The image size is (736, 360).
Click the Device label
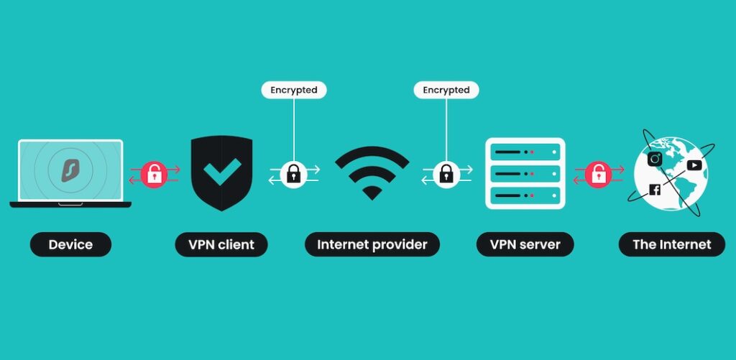tap(70, 244)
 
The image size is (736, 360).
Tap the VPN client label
tap(221, 244)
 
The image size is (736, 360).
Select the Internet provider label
tap(372, 244)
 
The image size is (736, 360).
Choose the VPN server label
tap(525, 244)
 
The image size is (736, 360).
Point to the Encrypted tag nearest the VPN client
tap(294, 90)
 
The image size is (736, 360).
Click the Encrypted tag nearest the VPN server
tap(446, 90)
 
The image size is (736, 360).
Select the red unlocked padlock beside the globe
tap(597, 174)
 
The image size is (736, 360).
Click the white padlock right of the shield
tap(294, 174)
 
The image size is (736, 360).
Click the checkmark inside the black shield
tap(221, 172)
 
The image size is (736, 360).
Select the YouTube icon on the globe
tap(694, 165)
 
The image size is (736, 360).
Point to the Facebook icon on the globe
tap(655, 190)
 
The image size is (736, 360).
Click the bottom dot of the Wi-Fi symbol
tap(372, 192)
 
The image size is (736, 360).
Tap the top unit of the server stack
tap(523, 152)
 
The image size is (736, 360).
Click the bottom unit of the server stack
tap(523, 195)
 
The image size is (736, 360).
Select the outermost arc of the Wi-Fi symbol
tap(372, 152)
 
